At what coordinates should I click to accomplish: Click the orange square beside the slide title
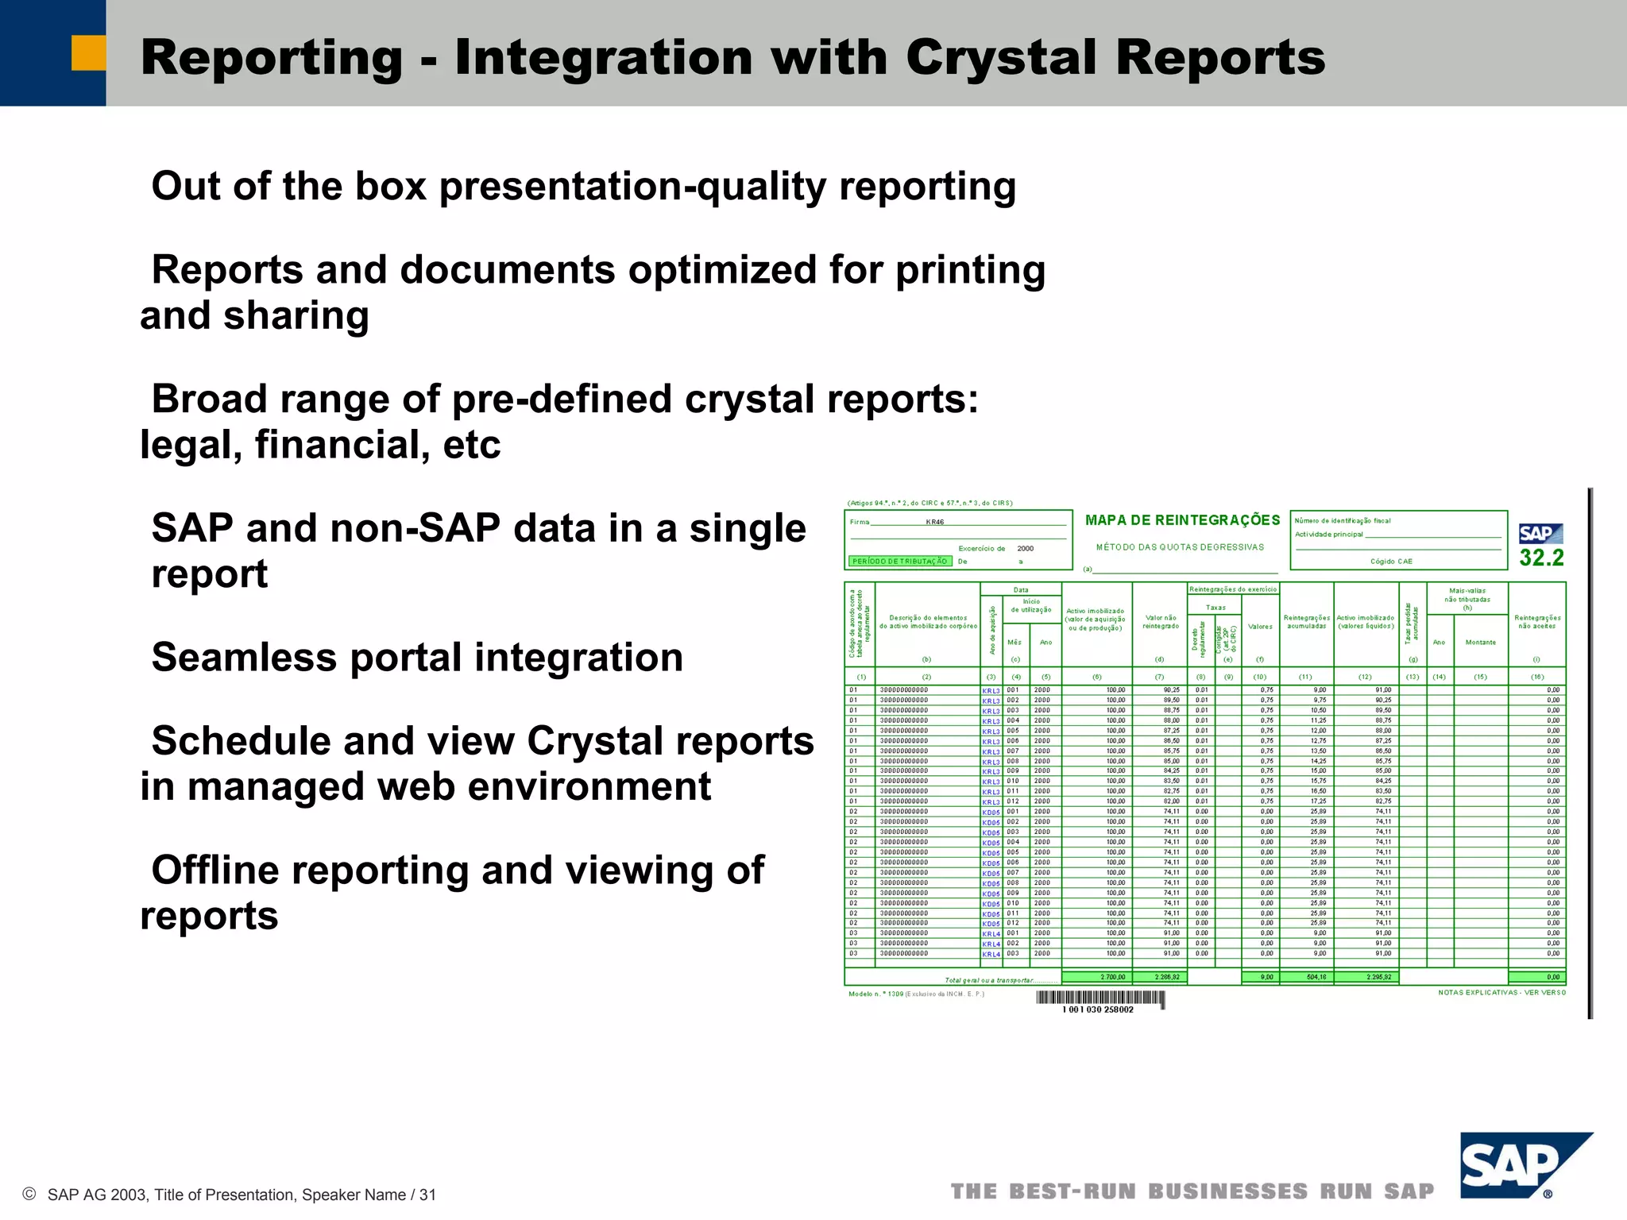pos(88,53)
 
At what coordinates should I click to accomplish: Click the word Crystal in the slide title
pos(1001,58)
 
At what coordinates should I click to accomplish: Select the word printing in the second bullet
pos(970,270)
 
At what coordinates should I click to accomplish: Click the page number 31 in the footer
pos(427,1195)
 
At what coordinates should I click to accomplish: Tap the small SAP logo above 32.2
pos(1540,534)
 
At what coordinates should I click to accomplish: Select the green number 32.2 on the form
pos(1541,558)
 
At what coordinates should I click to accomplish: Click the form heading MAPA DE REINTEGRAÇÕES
pos(1182,520)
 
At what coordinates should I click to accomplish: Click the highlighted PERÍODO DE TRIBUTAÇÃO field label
pos(899,562)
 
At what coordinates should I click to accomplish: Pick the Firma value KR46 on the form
pos(935,523)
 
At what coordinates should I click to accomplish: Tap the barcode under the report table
pos(1099,998)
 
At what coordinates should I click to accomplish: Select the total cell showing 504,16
pos(1316,977)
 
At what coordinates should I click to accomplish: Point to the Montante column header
pos(1480,643)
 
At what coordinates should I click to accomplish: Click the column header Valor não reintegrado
pos(1160,622)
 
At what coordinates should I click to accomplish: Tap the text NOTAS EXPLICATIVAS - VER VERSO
pos(1501,993)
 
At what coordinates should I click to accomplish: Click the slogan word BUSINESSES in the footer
pos(1227,1191)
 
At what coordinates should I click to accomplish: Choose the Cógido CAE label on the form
pos(1391,562)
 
